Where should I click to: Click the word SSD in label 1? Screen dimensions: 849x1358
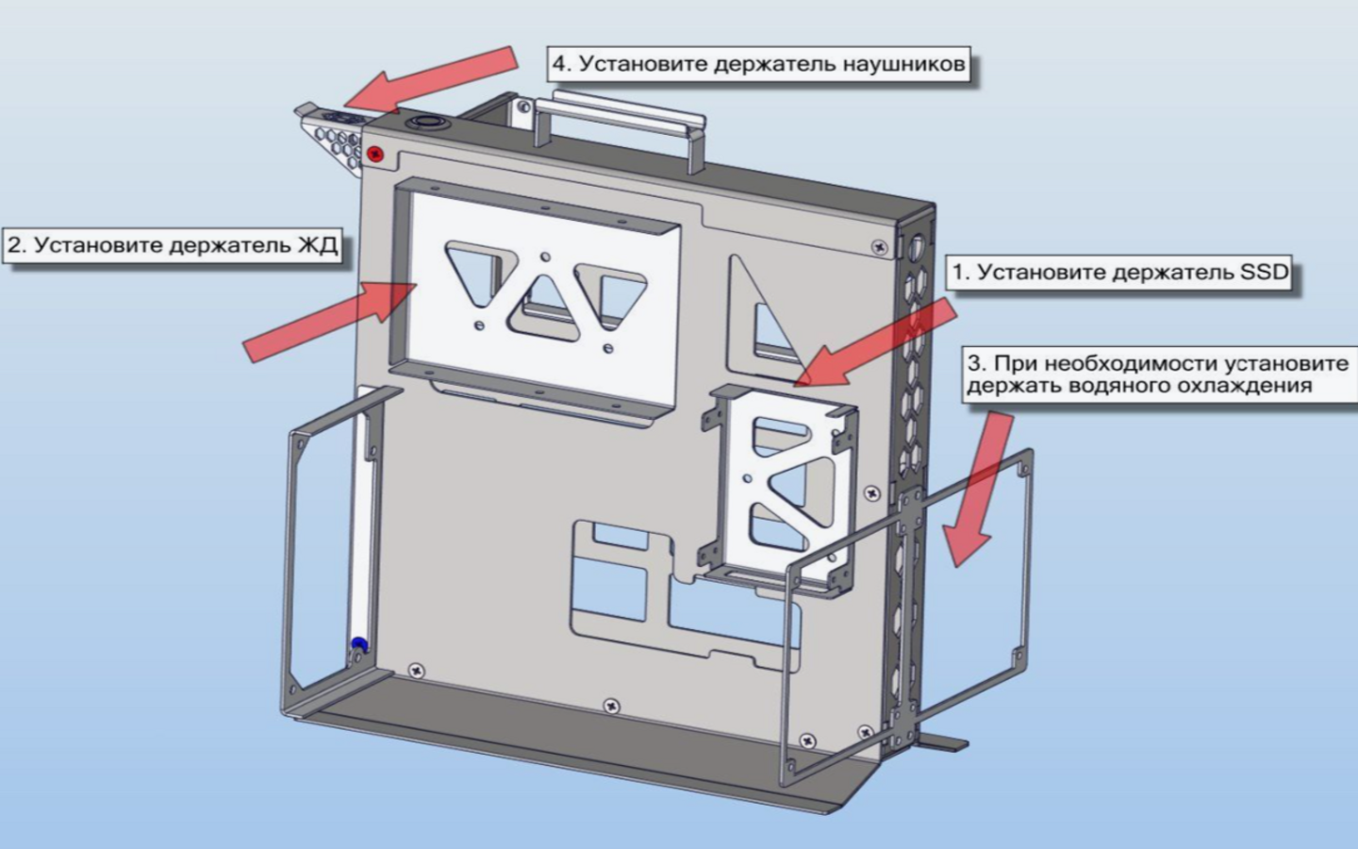click(1264, 273)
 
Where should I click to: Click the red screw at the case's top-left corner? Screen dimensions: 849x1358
click(376, 153)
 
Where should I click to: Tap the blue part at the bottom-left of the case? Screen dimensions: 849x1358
click(358, 645)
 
